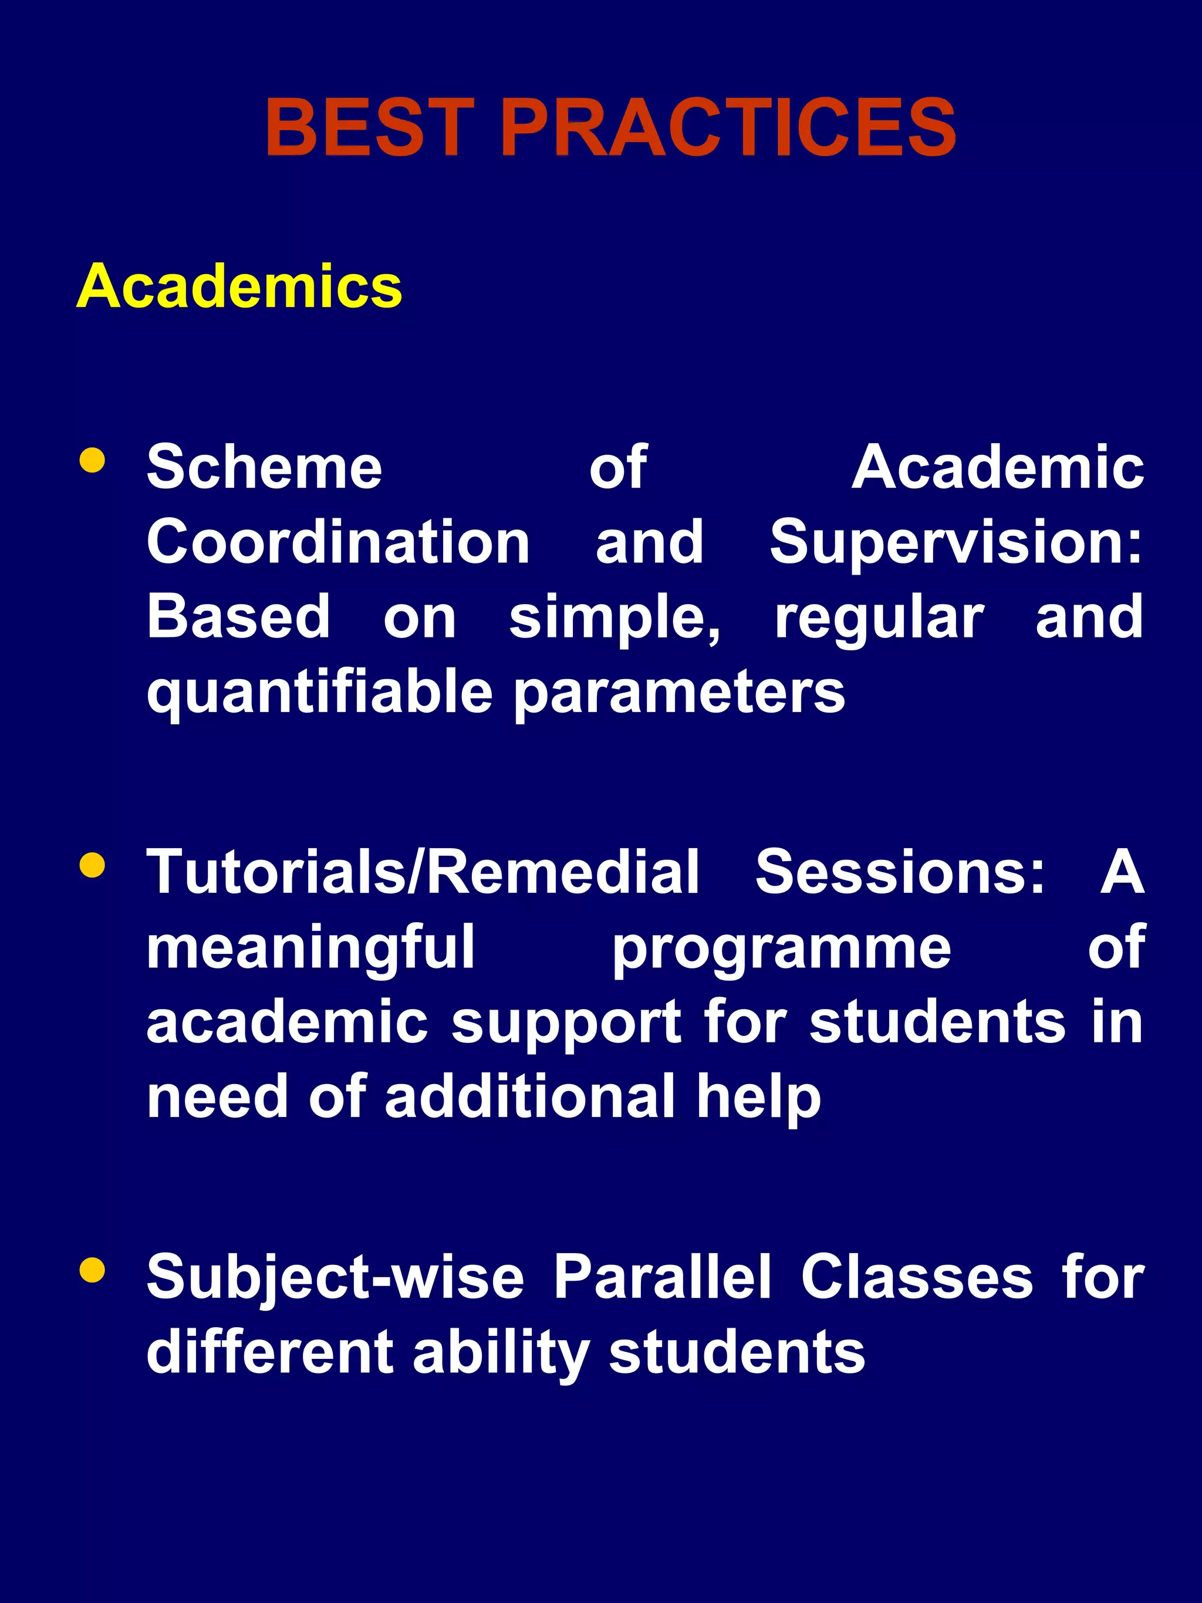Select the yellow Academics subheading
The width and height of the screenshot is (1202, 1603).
(x=239, y=286)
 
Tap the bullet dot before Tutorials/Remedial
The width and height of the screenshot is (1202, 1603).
(x=93, y=865)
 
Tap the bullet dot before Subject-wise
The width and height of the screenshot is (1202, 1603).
(x=93, y=1270)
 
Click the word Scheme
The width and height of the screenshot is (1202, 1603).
(x=265, y=467)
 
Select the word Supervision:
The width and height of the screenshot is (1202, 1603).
(x=955, y=542)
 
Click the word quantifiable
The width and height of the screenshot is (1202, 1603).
(x=319, y=693)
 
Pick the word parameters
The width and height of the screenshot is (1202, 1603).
(x=680, y=693)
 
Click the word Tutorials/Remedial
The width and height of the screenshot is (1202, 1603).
(x=423, y=872)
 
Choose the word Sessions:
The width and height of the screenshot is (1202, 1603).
(x=900, y=872)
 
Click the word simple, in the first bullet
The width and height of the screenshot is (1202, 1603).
(x=615, y=617)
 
